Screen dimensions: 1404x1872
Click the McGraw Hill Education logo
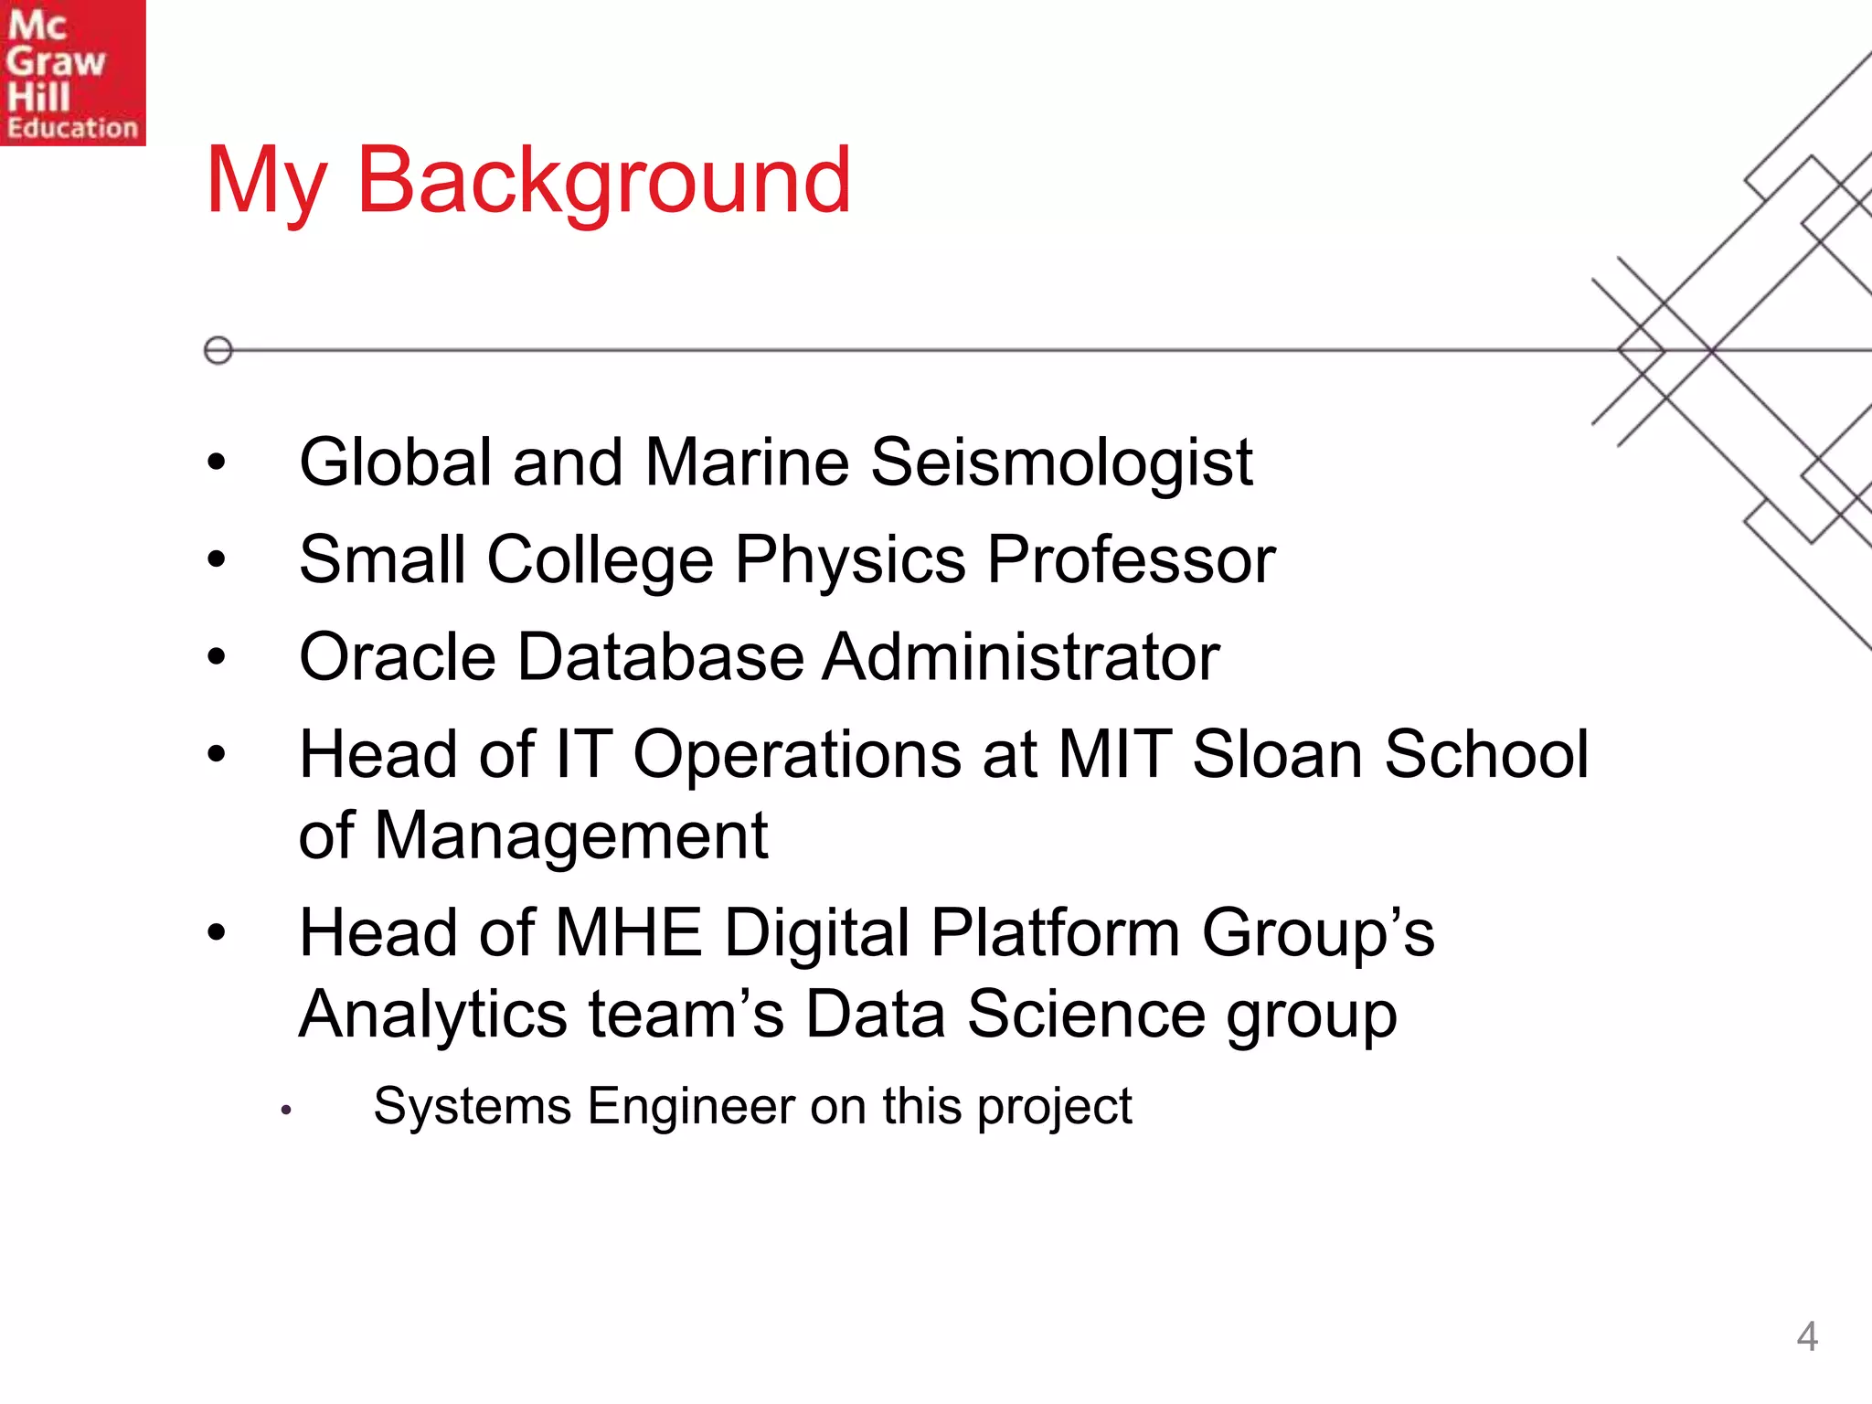(72, 72)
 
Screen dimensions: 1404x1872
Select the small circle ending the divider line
(218, 350)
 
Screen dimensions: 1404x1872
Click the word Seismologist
(1061, 463)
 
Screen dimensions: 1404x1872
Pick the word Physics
(850, 560)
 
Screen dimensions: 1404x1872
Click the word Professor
(1131, 560)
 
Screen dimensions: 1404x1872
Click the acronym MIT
(1114, 754)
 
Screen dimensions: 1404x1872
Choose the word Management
(570, 836)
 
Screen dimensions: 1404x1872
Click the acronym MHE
(628, 933)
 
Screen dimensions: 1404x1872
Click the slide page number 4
(1806, 1337)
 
